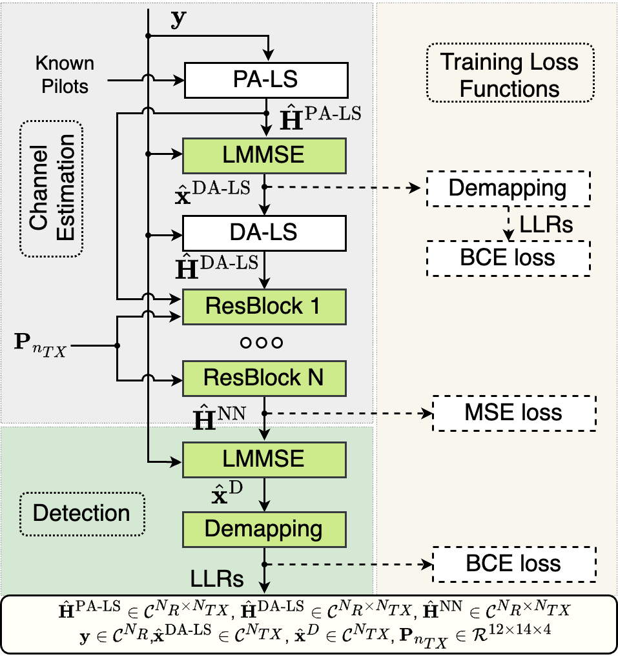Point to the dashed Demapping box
pos(508,188)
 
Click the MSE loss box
pos(514,413)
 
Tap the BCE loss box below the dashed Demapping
pos(508,258)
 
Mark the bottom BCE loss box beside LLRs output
pos(514,563)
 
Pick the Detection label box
pos(81,514)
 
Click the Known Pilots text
pos(65,74)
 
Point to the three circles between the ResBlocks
pos(262,342)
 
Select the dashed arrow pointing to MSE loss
pos(349,413)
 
